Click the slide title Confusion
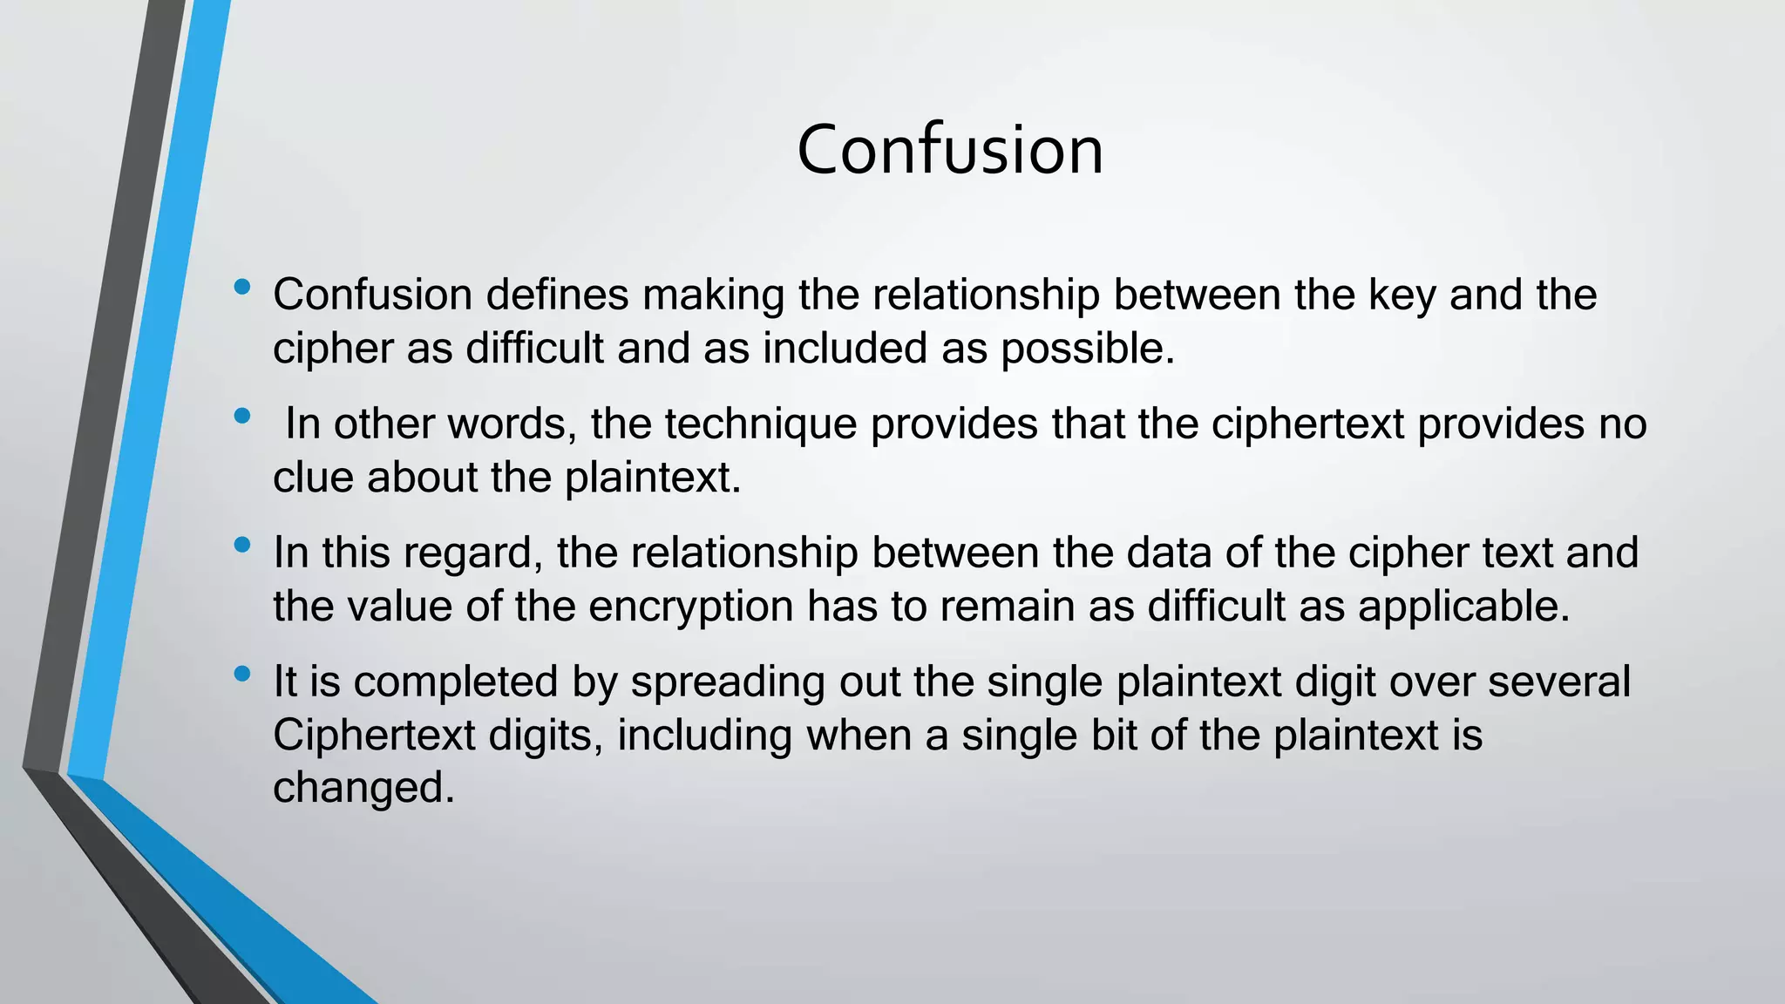point(950,151)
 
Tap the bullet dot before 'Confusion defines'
point(242,286)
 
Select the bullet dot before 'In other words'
point(242,416)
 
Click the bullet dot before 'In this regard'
point(242,545)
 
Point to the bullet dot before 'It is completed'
point(242,674)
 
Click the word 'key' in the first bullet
point(1402,295)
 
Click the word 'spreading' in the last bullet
point(728,682)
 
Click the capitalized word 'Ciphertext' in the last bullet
point(373,736)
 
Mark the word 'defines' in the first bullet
point(557,295)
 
